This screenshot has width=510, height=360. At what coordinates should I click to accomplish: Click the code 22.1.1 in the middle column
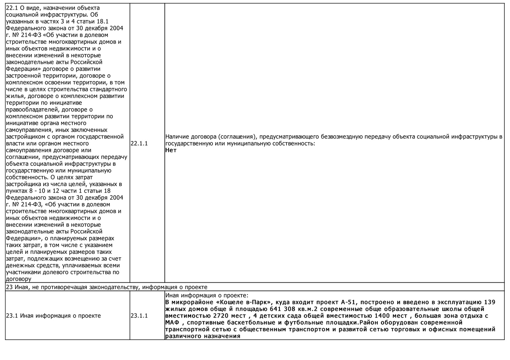pos(139,143)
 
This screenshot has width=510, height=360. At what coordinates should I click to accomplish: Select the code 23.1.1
pos(139,316)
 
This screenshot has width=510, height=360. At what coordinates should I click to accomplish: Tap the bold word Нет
pos(171,150)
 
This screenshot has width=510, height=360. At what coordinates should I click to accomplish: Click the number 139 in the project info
pos(489,302)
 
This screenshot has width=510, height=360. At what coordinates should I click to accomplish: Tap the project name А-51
pos(349,302)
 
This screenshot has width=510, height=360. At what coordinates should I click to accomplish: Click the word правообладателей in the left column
pos(32,110)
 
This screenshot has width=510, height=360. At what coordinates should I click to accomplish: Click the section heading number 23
pos(9,287)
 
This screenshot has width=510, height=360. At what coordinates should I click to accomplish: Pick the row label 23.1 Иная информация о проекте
pos(53,316)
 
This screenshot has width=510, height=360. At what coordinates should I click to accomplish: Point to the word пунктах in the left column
pos(17,191)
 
